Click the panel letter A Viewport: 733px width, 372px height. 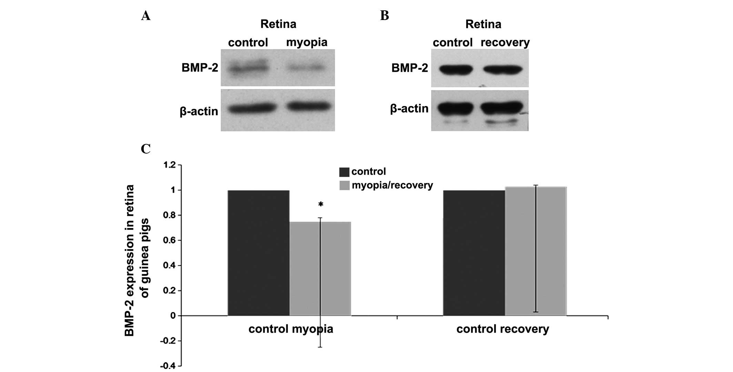(x=145, y=16)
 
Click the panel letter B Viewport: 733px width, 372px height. (x=384, y=16)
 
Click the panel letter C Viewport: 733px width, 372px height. (x=145, y=149)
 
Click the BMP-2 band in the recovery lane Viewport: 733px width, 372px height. (x=503, y=70)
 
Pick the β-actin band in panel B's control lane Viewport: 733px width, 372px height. (x=455, y=108)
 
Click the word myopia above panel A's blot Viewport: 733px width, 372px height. (x=307, y=42)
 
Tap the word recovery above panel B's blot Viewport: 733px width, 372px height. (x=505, y=42)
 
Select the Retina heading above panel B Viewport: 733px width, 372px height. (x=483, y=24)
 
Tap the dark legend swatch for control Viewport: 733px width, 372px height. (x=344, y=172)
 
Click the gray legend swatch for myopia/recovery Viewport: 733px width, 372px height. (x=344, y=186)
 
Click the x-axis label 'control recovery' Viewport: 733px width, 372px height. (x=502, y=329)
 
